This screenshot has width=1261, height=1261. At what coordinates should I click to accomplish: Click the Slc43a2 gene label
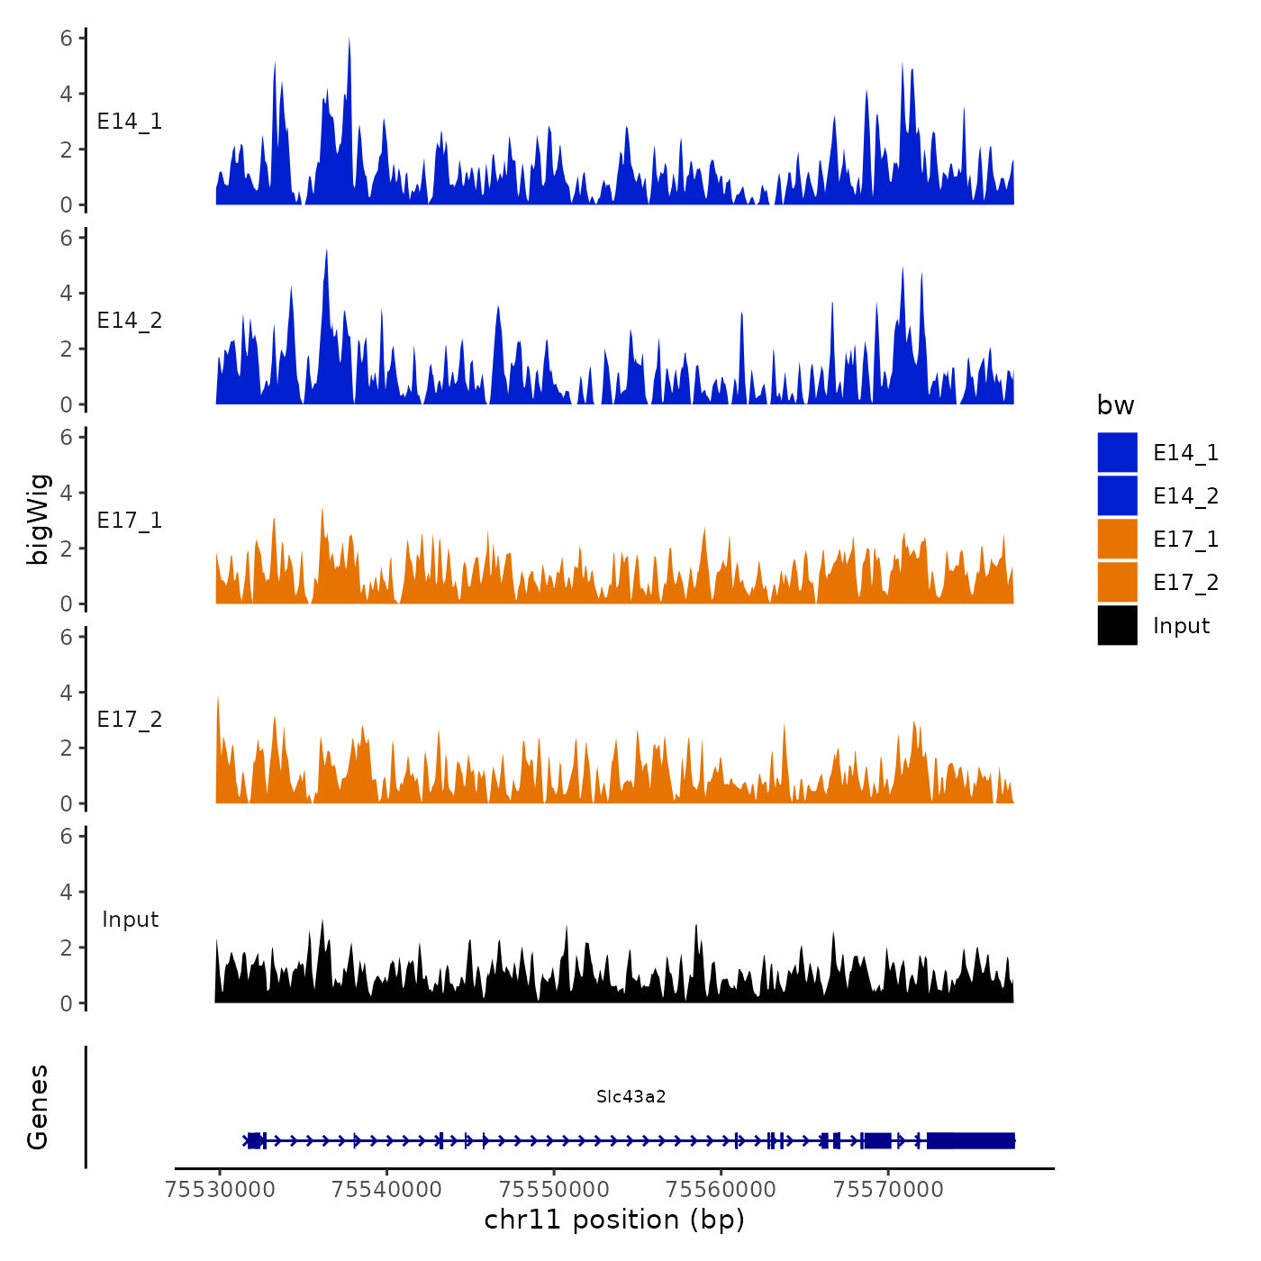point(630,1096)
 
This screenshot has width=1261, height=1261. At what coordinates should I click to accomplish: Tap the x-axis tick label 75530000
point(220,1189)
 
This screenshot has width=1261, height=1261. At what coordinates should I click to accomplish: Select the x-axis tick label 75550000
point(555,1189)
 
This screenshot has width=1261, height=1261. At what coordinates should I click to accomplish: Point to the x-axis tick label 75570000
point(888,1189)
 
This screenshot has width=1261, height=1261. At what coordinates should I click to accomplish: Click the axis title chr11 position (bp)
point(614,1220)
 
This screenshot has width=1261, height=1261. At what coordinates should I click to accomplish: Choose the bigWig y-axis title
point(38,520)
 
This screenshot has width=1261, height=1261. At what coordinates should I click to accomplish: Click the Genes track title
point(38,1107)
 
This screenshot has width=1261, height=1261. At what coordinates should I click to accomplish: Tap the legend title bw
point(1115,405)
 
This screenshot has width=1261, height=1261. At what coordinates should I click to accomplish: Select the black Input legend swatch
point(1117,625)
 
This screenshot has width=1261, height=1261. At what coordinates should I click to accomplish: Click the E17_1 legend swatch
point(1117,539)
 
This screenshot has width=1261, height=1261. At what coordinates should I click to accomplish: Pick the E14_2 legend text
point(1185,496)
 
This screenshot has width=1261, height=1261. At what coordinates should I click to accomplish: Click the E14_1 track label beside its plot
point(130,122)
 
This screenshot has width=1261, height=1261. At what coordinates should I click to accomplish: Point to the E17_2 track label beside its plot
point(130,720)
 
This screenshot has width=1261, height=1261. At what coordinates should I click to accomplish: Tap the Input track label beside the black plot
point(130,920)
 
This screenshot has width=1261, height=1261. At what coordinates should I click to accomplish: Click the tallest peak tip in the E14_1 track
point(349,39)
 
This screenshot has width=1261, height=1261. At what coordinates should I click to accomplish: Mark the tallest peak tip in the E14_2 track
point(326,250)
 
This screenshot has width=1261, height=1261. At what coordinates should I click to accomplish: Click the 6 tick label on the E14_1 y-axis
point(67,38)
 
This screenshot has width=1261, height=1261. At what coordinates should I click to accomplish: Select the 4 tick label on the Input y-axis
point(67,892)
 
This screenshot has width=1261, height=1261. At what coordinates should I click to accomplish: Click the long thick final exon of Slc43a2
point(971,1140)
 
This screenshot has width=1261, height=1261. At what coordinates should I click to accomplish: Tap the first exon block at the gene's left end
point(254,1140)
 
